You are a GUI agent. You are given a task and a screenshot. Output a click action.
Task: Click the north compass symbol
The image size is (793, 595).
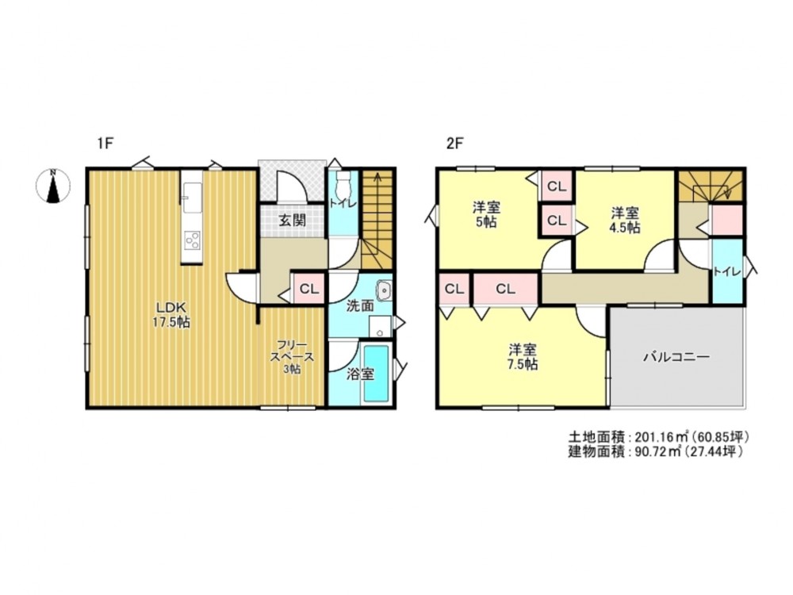coord(52,186)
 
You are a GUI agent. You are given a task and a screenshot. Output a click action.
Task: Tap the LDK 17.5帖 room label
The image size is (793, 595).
coord(172,315)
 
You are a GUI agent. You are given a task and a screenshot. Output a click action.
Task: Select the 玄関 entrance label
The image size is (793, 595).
coord(293,221)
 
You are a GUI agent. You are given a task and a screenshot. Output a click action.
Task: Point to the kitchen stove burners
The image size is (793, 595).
coord(192,240)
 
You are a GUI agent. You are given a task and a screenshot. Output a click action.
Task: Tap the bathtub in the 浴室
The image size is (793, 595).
coord(376,373)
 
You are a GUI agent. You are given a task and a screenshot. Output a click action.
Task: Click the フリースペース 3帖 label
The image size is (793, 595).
coord(292,357)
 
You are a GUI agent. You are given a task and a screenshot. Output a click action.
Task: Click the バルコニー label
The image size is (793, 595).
coord(676,358)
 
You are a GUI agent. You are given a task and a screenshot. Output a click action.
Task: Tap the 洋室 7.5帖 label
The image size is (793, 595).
coord(523,357)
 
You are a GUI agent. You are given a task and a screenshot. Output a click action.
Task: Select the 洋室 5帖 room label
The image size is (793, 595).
coord(487,214)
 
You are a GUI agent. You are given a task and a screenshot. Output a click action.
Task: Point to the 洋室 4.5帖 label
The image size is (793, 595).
coord(625,220)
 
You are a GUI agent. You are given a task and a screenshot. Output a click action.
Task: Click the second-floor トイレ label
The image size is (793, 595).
coord(726,271)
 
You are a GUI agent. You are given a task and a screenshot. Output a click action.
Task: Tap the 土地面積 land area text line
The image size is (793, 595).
coord(657,436)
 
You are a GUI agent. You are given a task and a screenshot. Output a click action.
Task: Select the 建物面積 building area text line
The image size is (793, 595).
coord(656,451)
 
